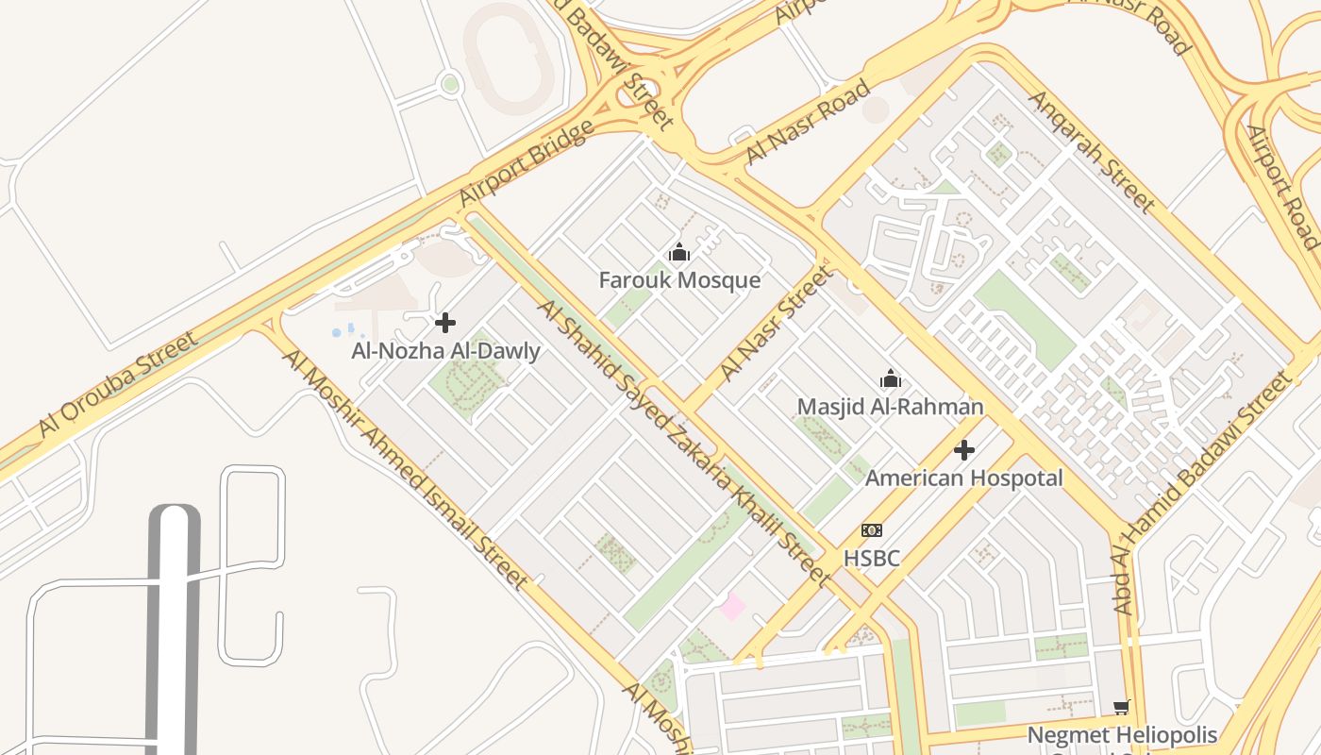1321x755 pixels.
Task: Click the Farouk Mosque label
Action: pos(679,280)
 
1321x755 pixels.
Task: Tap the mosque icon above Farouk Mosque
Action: pos(679,253)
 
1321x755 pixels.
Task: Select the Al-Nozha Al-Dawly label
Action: pos(445,351)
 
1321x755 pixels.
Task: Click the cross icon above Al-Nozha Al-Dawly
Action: pos(445,324)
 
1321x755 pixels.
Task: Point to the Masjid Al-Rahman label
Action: pos(890,407)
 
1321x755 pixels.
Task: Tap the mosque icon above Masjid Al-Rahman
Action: pos(890,380)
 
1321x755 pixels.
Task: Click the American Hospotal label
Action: pos(963,478)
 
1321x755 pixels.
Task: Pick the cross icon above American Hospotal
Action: pos(963,450)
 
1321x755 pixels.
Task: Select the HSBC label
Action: pos(871,558)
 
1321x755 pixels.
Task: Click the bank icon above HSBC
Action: pos(871,531)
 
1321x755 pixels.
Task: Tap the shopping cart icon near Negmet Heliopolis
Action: pos(1121,707)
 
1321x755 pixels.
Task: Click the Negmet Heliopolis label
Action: pos(1121,734)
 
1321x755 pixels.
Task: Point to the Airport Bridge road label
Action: pos(527,162)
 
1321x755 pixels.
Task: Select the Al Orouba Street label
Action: pos(119,385)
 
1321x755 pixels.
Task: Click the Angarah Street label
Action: pos(1092,151)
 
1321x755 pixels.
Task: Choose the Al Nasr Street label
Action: pos(778,323)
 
